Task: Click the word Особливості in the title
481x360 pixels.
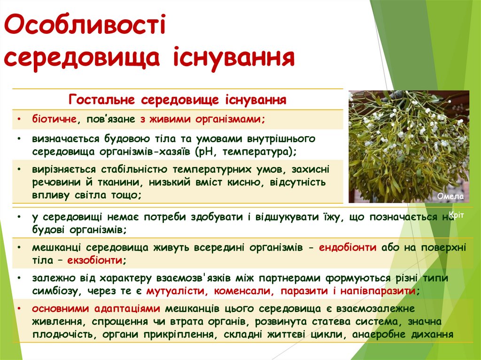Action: coord(85,27)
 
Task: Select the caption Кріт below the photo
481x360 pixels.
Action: coord(456,215)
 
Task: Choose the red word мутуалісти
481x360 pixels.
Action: coord(176,291)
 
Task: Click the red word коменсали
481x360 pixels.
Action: coord(244,291)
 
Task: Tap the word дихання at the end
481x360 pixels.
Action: coord(431,335)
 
